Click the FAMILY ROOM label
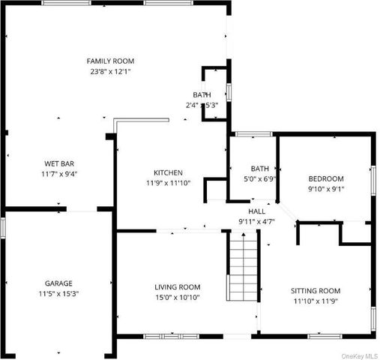pos(110,61)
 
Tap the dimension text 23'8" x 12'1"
pos(110,72)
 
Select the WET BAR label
pos(58,163)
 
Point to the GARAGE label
pos(58,283)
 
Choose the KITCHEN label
pos(168,172)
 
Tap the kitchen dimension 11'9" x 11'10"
pos(168,183)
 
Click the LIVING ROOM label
pos(177,286)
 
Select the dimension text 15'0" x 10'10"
pos(177,297)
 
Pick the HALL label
pos(256,211)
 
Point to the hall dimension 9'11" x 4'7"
pos(256,222)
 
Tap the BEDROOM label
pos(326,178)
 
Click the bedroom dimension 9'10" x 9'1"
pos(326,189)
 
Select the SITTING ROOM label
pos(316,291)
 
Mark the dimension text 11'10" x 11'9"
pos(316,301)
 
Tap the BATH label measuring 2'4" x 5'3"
pos(202,94)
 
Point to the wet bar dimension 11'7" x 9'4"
pos(58,173)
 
